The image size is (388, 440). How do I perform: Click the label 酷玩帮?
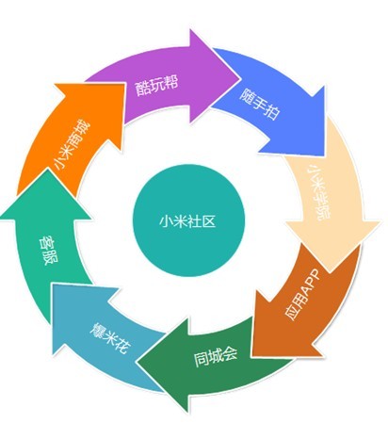click(x=156, y=85)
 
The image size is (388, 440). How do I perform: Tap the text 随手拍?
click(x=259, y=105)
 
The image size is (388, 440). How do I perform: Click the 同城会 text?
click(x=216, y=356)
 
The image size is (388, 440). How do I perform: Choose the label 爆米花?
click(x=109, y=337)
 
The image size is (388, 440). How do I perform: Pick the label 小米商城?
click(x=72, y=144)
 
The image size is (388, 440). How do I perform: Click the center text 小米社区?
click(x=187, y=220)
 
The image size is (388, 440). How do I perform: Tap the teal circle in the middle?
click(x=188, y=220)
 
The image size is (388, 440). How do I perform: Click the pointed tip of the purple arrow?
click(x=241, y=77)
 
